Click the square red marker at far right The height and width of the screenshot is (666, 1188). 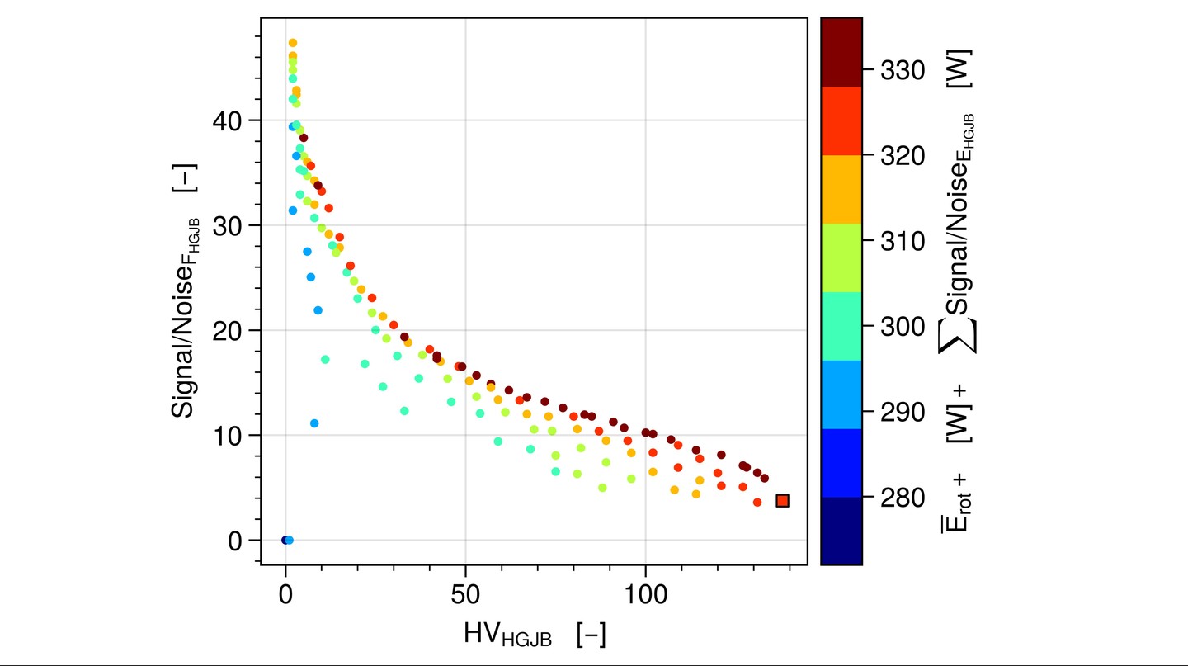point(782,500)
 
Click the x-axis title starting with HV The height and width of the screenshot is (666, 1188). point(535,635)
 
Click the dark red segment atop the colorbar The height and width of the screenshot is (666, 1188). point(841,51)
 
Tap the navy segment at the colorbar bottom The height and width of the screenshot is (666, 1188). point(841,531)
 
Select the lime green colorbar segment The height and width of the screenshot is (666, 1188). point(841,257)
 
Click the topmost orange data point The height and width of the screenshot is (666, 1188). point(292,43)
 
